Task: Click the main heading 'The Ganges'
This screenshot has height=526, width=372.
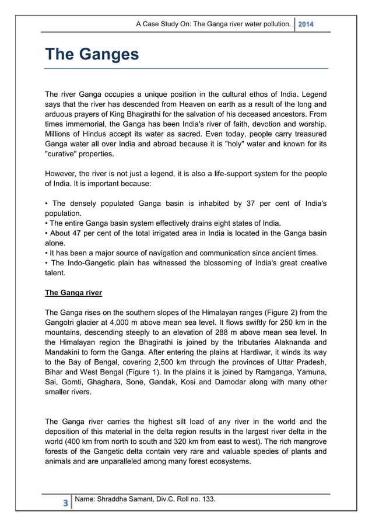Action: (x=92, y=54)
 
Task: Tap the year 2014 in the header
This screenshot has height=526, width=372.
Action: (x=306, y=24)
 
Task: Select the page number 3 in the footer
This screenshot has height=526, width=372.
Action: (x=64, y=503)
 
